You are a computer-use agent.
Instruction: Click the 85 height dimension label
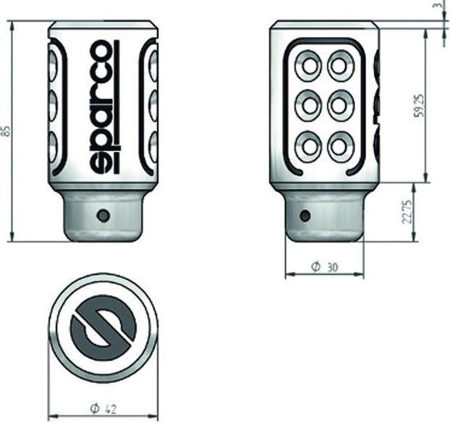tap(7, 131)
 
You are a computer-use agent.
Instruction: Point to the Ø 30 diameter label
tap(325, 267)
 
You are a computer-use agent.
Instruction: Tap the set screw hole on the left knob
tap(103, 215)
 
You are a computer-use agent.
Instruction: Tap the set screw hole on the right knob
tap(305, 215)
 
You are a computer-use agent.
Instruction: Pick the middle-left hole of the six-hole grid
tap(310, 106)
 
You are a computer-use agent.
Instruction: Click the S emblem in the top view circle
tap(103, 330)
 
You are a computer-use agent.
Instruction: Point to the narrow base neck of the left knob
tap(103, 221)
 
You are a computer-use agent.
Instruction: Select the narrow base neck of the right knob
tap(325, 221)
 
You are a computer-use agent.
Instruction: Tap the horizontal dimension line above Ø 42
tap(103, 416)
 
